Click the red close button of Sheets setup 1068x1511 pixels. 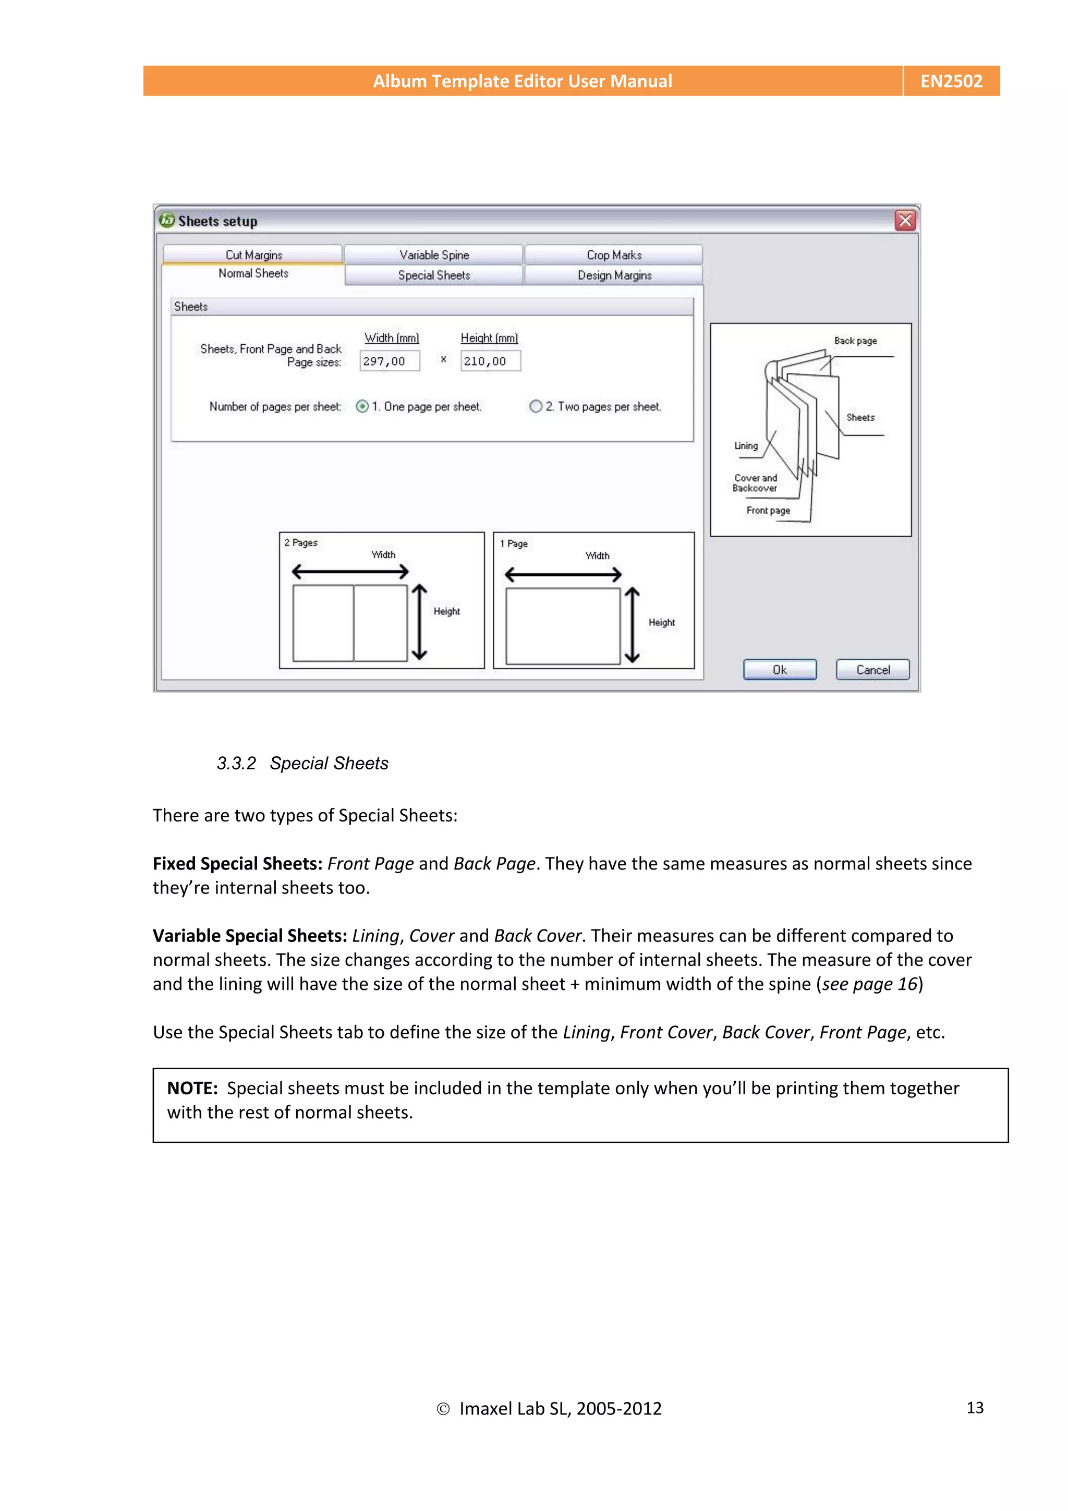(x=905, y=221)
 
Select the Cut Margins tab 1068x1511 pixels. (x=253, y=255)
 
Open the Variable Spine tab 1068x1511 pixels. (x=434, y=255)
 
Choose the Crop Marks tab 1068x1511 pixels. (x=613, y=255)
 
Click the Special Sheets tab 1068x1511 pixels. (x=434, y=275)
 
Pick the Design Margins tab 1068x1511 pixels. (x=614, y=275)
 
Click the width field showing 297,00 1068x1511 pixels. (x=389, y=360)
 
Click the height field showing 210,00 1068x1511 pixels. (x=490, y=360)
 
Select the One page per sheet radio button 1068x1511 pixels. (x=362, y=406)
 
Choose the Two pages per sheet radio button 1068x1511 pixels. (x=536, y=406)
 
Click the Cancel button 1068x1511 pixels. (x=872, y=669)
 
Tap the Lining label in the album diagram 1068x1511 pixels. (x=746, y=445)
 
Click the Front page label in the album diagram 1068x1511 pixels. (x=768, y=510)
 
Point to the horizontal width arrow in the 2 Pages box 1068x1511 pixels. (x=350, y=571)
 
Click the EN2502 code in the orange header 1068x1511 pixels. (x=951, y=81)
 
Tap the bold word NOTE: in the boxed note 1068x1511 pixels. (x=192, y=1088)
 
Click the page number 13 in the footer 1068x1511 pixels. (x=975, y=1407)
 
